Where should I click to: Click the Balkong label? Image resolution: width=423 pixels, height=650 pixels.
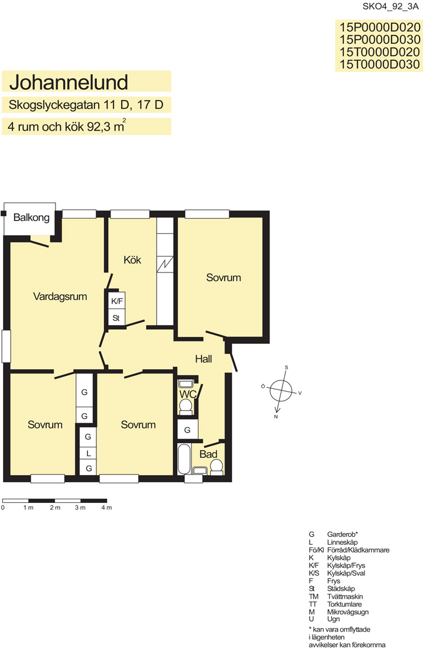click(x=31, y=217)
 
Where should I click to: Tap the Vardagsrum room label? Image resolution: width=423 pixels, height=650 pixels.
click(x=60, y=297)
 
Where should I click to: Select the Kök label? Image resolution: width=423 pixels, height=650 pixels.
click(x=132, y=260)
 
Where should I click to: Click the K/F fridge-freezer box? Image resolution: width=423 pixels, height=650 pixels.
click(x=117, y=301)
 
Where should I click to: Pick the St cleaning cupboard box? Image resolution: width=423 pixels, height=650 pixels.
click(x=116, y=318)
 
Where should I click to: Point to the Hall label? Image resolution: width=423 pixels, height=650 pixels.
click(x=203, y=359)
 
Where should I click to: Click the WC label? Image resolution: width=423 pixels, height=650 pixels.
click(x=188, y=394)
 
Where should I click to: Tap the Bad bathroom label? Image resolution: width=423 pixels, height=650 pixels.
click(x=209, y=454)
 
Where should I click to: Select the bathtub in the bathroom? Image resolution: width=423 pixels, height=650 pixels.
click(x=184, y=459)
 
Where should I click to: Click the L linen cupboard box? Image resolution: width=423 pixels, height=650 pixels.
click(x=88, y=453)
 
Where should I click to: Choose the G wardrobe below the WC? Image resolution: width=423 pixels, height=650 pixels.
click(x=187, y=430)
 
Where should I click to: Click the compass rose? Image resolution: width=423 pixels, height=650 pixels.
click(x=281, y=391)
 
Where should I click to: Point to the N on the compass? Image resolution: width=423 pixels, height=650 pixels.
click(x=276, y=417)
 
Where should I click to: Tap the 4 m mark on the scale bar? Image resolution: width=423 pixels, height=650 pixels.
click(x=106, y=508)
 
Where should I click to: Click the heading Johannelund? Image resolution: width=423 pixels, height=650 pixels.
click(x=69, y=82)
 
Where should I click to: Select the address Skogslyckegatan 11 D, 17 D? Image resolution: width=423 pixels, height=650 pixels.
click(x=86, y=105)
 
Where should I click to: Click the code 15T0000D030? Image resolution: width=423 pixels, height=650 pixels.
click(x=380, y=64)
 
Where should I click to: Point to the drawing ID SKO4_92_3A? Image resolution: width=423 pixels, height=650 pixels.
click(x=391, y=6)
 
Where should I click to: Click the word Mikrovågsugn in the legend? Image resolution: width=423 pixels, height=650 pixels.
click(x=347, y=612)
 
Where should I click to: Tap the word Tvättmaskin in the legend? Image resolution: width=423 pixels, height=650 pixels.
click(x=344, y=597)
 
